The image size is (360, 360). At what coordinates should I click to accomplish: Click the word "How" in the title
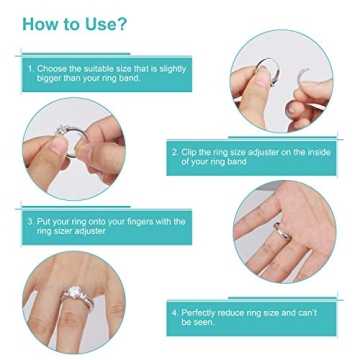point(41,24)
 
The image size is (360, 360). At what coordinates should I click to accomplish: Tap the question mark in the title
point(122,24)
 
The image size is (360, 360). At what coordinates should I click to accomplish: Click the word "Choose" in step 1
point(53,69)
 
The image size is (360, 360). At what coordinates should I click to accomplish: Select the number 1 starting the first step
point(31,69)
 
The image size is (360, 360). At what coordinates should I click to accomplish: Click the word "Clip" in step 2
point(189,151)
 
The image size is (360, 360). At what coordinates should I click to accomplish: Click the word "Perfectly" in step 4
point(200,313)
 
